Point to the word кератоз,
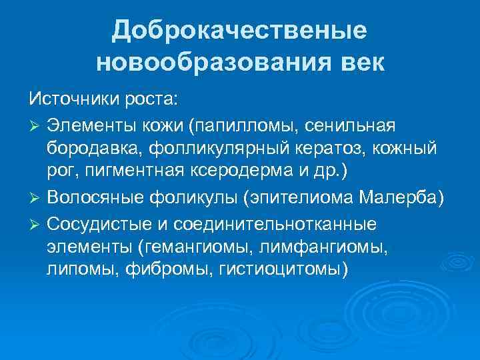pyautogui.click(x=341, y=149)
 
